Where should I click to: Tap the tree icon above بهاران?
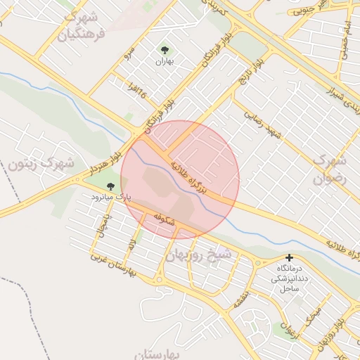165,50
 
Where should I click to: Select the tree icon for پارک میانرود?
110,186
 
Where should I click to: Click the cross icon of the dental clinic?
289,258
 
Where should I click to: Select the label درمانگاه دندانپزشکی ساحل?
289,278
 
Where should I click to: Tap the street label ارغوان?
288,328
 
